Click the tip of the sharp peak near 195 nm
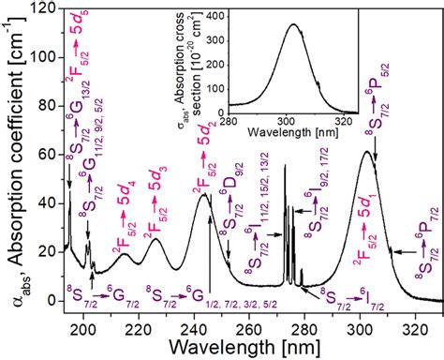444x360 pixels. [70, 192]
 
